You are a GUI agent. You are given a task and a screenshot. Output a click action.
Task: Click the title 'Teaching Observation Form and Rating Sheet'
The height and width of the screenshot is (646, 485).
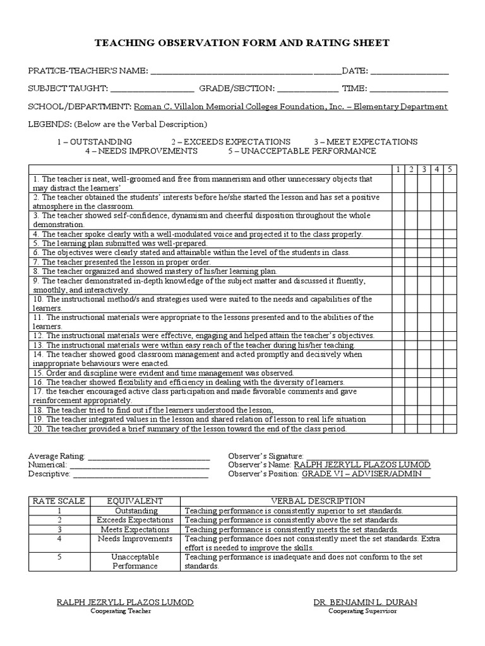[x=242, y=43]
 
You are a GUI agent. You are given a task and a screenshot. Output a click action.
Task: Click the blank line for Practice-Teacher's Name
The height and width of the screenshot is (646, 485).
[x=246, y=71]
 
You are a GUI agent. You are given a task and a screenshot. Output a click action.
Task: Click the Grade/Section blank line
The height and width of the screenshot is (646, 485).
[x=308, y=90]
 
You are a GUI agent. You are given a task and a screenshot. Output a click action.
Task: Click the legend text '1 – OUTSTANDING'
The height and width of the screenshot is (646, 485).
[x=94, y=142]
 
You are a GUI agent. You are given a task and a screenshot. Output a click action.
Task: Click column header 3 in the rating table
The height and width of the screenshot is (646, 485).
[x=424, y=169]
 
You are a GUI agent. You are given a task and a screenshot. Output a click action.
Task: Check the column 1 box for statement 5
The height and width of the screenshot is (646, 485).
[x=398, y=243]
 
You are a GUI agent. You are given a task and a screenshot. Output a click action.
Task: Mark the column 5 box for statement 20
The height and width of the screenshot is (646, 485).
[x=449, y=429]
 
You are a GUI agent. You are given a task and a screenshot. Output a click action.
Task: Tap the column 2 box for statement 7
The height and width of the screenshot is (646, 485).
[x=411, y=261]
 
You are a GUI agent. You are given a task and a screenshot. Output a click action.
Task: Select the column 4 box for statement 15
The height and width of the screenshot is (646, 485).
[x=436, y=373]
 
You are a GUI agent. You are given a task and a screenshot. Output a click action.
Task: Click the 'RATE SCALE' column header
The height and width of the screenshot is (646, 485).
[x=57, y=501]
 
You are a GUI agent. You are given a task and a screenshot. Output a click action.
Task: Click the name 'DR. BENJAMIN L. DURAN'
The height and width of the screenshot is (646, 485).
[x=365, y=602]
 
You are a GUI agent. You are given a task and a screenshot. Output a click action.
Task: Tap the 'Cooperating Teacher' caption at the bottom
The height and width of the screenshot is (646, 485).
[x=125, y=612]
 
